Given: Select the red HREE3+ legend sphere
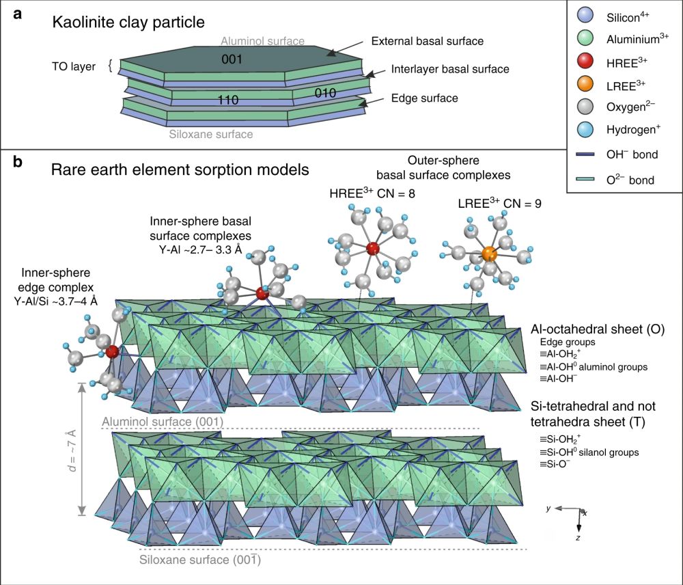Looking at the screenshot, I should (x=585, y=62).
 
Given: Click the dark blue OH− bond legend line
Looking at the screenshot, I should (x=585, y=155).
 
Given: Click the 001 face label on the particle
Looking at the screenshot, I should (x=232, y=59).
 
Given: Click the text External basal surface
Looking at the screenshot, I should (x=427, y=41).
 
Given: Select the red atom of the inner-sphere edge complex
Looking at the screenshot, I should (x=113, y=353).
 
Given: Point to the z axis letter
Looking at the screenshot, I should (x=579, y=538).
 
